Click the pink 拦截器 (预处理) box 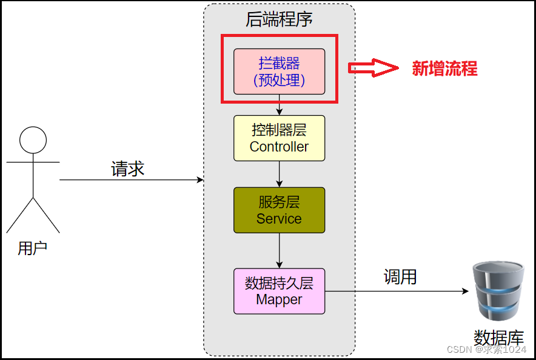pos(279,72)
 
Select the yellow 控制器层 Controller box pos(279,138)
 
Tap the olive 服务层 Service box pos(279,210)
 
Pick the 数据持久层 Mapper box pos(279,291)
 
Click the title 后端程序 pos(279,19)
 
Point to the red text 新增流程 pos(444,68)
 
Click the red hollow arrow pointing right pos(371,68)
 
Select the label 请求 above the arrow pos(128,168)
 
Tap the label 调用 pos(400,277)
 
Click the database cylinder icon pos(499,291)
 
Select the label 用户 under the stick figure pos(33,248)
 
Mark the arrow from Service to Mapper pos(280,250)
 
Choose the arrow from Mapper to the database pos(397,292)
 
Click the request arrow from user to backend pos(131,180)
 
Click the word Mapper pos(279,299)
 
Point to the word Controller pos(279,147)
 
